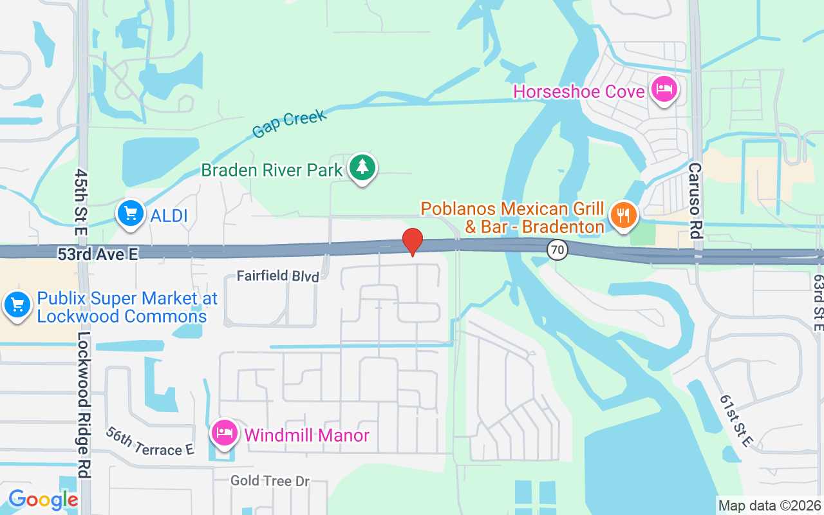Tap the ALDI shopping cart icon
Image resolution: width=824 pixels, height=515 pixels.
tap(131, 213)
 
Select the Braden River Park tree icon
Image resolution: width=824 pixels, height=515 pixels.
tap(363, 168)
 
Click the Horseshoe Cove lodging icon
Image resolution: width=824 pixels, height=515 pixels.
tap(663, 89)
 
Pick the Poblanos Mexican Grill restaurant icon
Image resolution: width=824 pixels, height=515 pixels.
tap(623, 215)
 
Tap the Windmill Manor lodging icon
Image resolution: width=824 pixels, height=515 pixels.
tap(223, 433)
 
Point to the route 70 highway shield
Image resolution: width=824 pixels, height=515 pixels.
tap(558, 250)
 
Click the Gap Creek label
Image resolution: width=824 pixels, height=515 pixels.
tap(289, 123)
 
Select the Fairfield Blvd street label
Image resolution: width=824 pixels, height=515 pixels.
tap(278, 276)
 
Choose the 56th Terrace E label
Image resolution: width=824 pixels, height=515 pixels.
tap(150, 442)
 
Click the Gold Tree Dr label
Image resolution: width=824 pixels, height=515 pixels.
tap(270, 481)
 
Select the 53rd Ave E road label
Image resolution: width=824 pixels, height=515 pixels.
tap(98, 255)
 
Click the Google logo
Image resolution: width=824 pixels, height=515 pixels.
tap(42, 500)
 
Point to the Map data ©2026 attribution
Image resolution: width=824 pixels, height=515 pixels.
tap(769, 506)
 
